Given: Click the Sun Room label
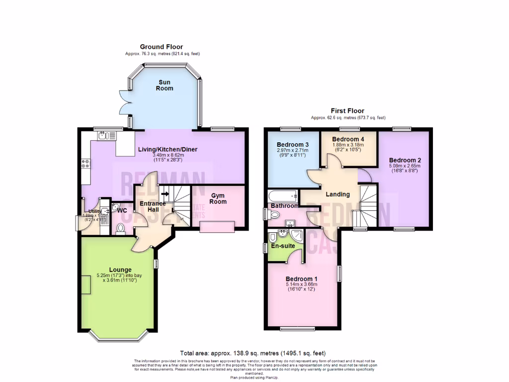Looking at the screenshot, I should pyautogui.click(x=166, y=85).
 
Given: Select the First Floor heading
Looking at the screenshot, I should pyautogui.click(x=348, y=111).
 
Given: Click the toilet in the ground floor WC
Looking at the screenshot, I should pyautogui.click(x=120, y=228).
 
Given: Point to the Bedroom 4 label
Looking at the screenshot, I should pyautogui.click(x=348, y=139).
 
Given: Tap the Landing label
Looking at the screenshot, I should pyautogui.click(x=338, y=194).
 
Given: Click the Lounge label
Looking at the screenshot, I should pyautogui.click(x=120, y=270).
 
